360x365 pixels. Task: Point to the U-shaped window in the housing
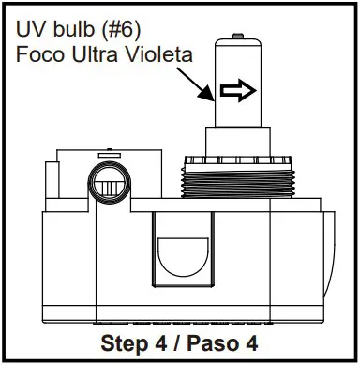176,252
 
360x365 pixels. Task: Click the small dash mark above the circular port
114,149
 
